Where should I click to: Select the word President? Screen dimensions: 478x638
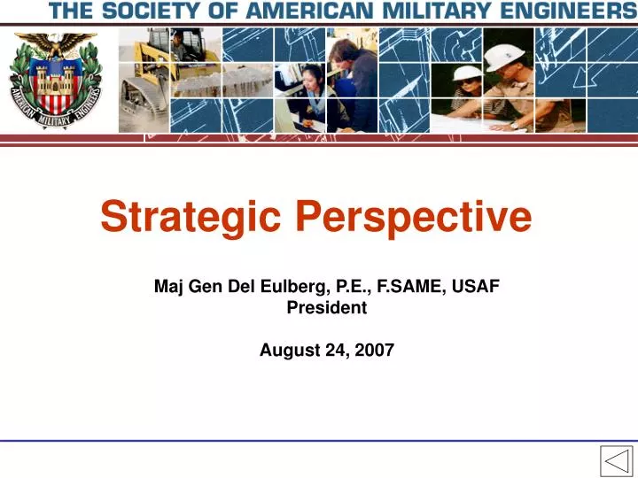coord(326,308)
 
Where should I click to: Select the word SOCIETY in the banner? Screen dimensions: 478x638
coord(165,11)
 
